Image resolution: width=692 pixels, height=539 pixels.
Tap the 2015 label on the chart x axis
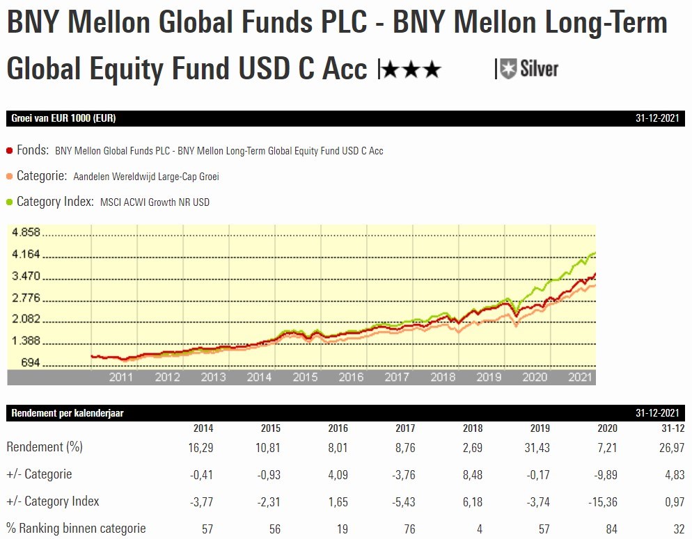tap(305, 377)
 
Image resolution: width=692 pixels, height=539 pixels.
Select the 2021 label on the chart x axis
tap(581, 377)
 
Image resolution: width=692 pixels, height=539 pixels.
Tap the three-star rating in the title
tap(411, 69)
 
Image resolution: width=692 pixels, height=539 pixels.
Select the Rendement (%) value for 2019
tap(537, 447)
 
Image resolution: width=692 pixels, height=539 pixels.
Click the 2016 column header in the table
tap(338, 428)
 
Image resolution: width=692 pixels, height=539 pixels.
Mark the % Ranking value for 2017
tap(409, 529)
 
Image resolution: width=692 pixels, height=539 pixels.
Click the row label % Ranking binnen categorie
tap(76, 529)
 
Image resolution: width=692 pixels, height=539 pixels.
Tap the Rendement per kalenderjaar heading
tap(68, 413)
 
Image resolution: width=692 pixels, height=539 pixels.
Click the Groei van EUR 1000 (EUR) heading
tap(63, 118)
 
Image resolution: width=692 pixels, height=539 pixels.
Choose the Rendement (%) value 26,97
tap(673, 447)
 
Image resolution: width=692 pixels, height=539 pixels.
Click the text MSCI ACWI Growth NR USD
tap(155, 202)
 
